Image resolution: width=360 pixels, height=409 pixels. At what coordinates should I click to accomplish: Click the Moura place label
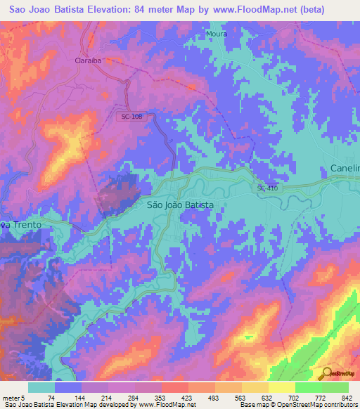pyautogui.click(x=217, y=33)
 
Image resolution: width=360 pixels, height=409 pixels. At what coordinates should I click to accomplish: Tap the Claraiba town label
pyautogui.click(x=89, y=60)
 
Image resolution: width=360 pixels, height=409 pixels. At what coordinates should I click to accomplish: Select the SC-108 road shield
pyautogui.click(x=132, y=117)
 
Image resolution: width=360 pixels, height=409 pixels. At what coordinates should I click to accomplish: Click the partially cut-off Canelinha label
pyautogui.click(x=345, y=169)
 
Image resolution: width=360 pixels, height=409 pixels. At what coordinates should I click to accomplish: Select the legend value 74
pyautogui.click(x=52, y=398)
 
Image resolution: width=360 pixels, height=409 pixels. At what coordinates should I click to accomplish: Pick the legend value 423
pyautogui.click(x=187, y=398)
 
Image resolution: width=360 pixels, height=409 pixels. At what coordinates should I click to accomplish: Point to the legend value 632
pyautogui.click(x=267, y=398)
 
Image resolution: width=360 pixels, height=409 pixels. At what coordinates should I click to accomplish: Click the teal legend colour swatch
pyautogui.click(x=41, y=387)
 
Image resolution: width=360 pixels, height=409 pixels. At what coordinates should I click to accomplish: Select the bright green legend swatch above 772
pyautogui.click(x=308, y=387)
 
